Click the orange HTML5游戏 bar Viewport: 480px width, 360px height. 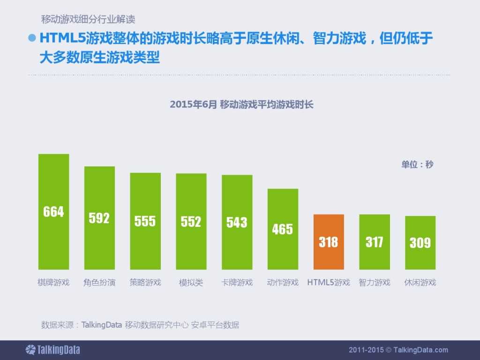pos(329,242)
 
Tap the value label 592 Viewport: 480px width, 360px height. pos(99,218)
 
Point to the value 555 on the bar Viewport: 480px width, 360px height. pos(145,221)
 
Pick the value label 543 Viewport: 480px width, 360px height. pos(237,222)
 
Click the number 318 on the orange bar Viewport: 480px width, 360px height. pos(329,242)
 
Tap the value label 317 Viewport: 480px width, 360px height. pos(375,242)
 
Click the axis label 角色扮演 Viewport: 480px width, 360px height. pos(99,283)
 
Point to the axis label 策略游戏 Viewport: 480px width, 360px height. pos(145,283)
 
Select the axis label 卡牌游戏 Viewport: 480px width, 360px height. pos(237,283)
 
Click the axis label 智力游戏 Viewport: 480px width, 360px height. pos(375,283)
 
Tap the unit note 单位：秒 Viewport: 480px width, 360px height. pos(417,165)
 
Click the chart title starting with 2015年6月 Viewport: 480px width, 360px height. pos(241,105)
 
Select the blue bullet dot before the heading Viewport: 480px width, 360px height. pos(32,38)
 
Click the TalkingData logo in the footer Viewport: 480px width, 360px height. pos(52,350)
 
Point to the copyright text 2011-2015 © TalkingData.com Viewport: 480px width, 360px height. pos(398,350)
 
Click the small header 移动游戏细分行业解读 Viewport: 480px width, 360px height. pos(89,20)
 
